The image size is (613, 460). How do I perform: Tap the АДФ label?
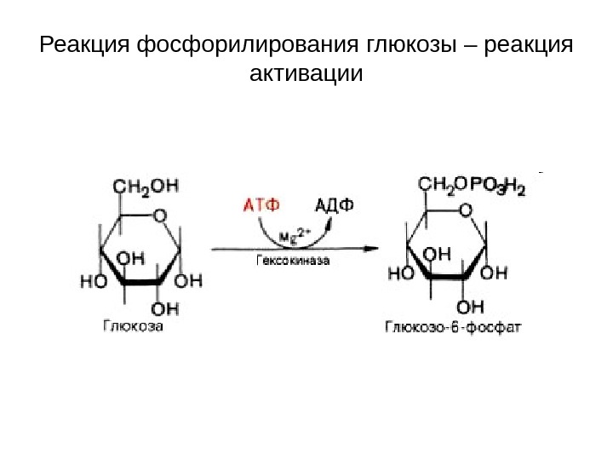coord(335,204)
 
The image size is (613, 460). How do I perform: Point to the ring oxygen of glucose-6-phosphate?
coord(466,210)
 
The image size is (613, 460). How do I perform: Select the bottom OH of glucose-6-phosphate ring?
coord(470,304)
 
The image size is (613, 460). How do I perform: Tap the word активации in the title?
coord(306,75)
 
